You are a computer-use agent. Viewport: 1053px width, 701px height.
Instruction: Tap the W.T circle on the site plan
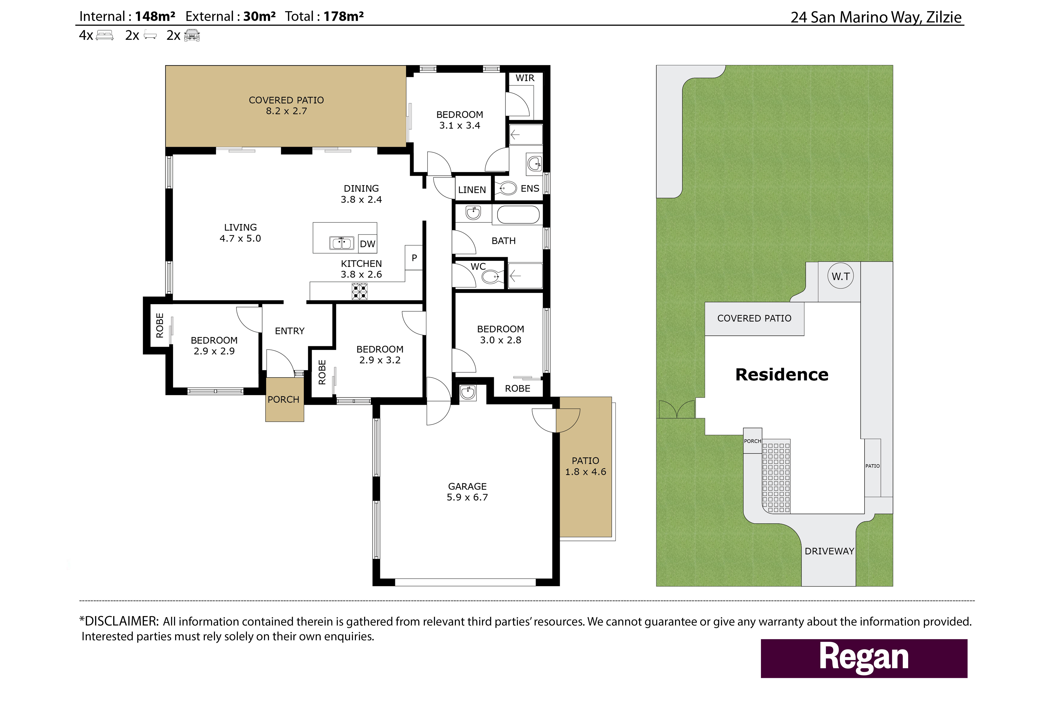pos(841,276)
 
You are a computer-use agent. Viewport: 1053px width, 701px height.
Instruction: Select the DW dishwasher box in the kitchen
pos(367,244)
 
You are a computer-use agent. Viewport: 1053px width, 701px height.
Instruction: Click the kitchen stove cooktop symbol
pos(359,291)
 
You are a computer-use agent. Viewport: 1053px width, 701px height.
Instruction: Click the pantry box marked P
pos(414,258)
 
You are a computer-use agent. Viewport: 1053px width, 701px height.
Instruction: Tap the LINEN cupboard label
pos(472,190)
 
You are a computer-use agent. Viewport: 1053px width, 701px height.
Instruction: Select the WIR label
pos(525,78)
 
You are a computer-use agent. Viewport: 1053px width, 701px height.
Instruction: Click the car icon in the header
pos(192,35)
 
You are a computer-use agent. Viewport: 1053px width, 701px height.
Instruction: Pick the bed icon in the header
pos(105,35)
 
